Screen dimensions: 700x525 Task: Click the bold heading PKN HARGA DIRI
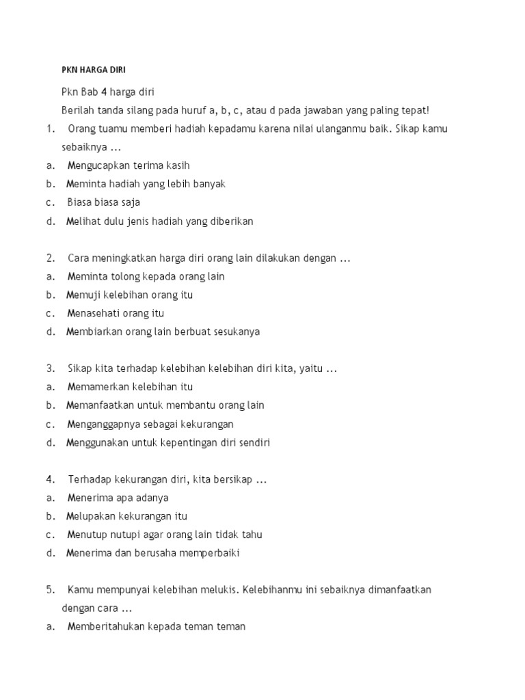(x=94, y=70)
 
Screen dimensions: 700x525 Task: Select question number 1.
(x=49, y=129)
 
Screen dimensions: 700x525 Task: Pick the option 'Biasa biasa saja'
(x=103, y=202)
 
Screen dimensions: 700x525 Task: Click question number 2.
(x=50, y=258)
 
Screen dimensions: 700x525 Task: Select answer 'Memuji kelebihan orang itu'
(x=129, y=295)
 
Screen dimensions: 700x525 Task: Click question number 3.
(x=50, y=368)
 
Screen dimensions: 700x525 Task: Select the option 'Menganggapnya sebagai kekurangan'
(x=150, y=424)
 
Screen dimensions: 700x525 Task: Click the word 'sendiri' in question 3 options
(x=255, y=442)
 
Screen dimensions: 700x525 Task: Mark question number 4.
(x=50, y=479)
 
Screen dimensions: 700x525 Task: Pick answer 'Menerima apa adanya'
(x=118, y=498)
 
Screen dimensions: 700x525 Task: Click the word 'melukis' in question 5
(x=218, y=589)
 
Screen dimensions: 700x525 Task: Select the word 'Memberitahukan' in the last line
(x=106, y=626)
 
